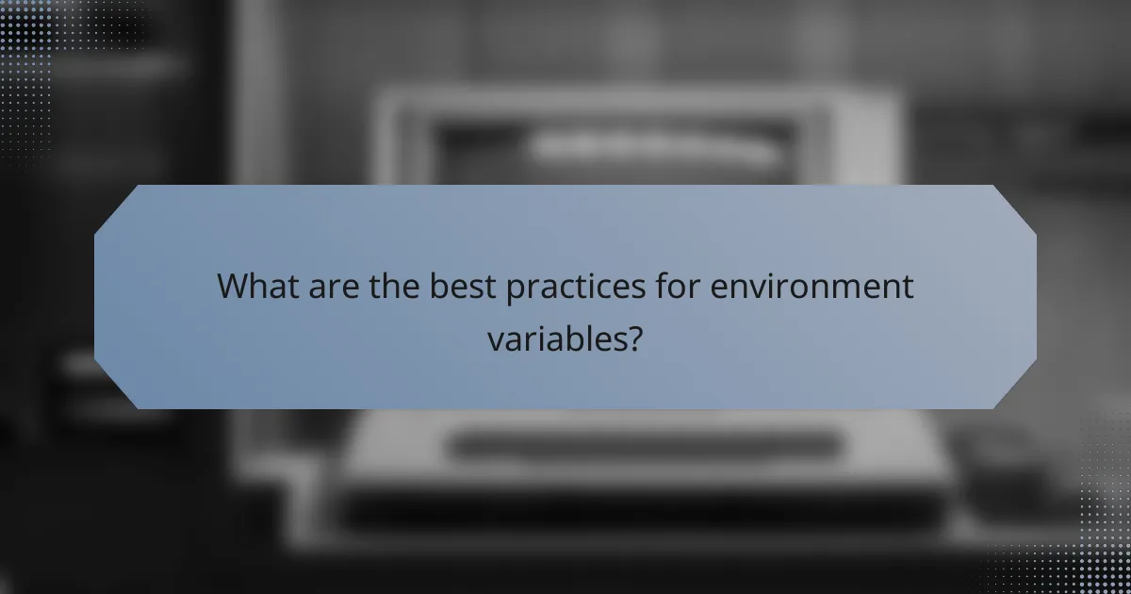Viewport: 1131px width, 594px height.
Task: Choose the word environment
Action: (x=812, y=287)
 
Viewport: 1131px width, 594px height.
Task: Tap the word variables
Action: (x=555, y=338)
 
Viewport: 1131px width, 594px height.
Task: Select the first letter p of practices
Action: (x=515, y=289)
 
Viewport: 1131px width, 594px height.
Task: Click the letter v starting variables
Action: (x=495, y=339)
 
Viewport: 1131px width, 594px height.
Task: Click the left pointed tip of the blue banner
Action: (x=96, y=297)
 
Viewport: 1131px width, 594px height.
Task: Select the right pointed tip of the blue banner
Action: (x=1035, y=297)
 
